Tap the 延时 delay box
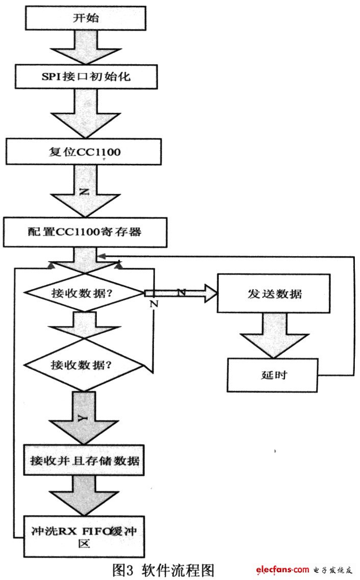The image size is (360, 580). click(272, 375)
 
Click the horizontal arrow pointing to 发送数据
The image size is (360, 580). click(181, 293)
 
